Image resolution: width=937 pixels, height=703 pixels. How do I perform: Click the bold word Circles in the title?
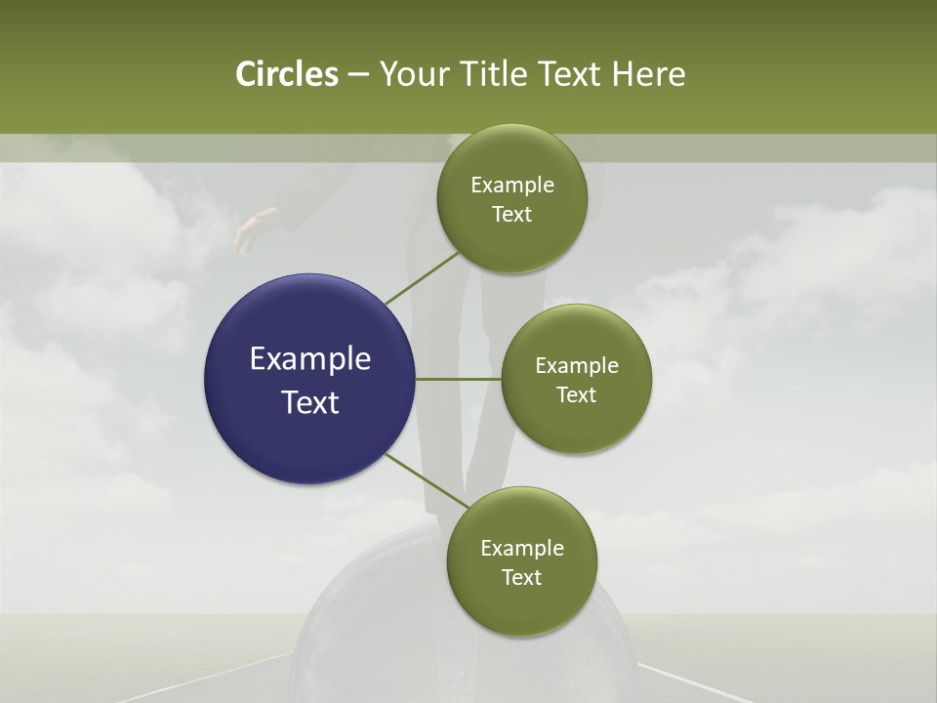(x=286, y=74)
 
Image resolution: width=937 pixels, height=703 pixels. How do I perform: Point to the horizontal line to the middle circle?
(x=459, y=379)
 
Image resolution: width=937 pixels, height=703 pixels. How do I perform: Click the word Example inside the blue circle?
(x=310, y=359)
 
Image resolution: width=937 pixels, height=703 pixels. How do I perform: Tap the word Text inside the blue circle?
(x=310, y=402)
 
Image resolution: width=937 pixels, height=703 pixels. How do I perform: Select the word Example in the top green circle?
(x=512, y=186)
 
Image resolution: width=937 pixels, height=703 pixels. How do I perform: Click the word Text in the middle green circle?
(x=576, y=395)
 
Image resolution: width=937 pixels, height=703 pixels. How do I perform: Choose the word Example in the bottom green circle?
(x=522, y=549)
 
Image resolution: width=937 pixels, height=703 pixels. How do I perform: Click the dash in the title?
(x=358, y=74)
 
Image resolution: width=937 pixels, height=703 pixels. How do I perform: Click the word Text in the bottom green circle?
(x=521, y=578)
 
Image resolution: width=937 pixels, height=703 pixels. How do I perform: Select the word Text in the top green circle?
(x=511, y=215)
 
